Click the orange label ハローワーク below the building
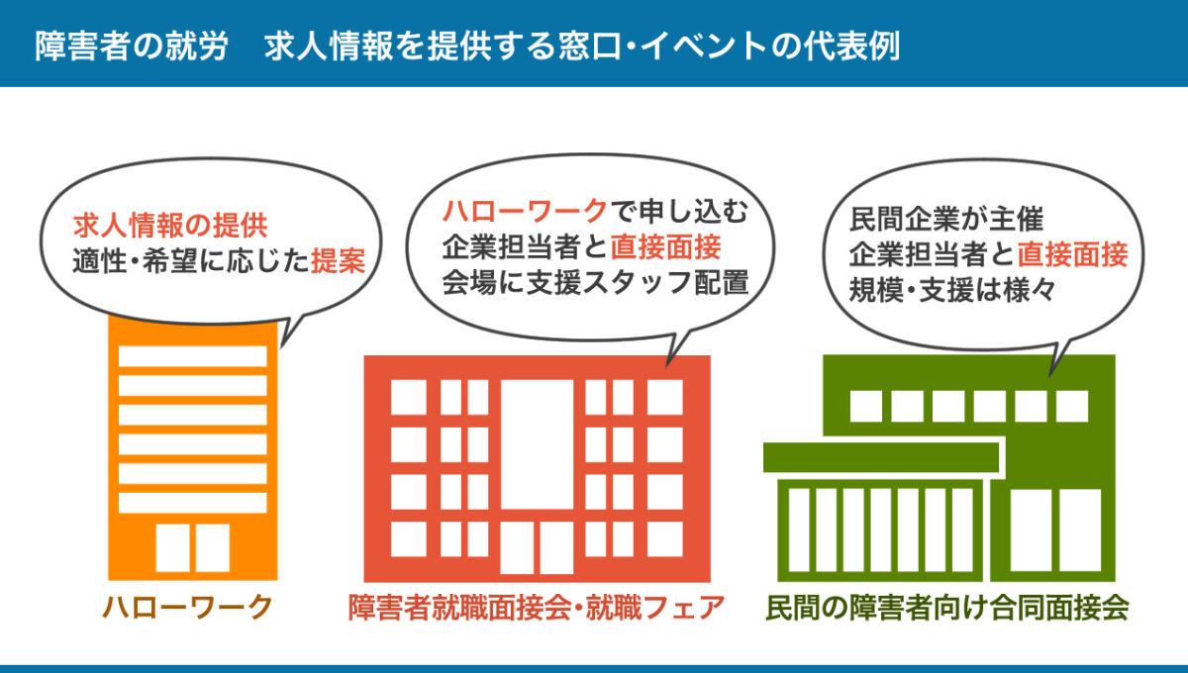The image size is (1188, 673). (x=187, y=607)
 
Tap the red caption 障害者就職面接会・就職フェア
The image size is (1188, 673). (x=537, y=607)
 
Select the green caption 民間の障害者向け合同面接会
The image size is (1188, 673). (x=947, y=607)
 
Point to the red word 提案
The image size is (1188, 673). (x=339, y=260)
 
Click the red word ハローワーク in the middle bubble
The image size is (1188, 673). (x=524, y=210)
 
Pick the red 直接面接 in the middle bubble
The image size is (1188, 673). (x=665, y=244)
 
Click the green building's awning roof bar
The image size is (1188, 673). (x=881, y=457)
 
